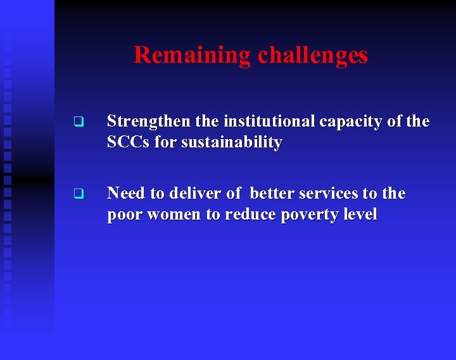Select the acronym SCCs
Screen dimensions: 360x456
pos(129,143)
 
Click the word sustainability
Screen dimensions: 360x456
pos(231,143)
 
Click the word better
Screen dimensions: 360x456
pos(273,194)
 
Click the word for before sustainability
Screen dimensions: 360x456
pos(166,143)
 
